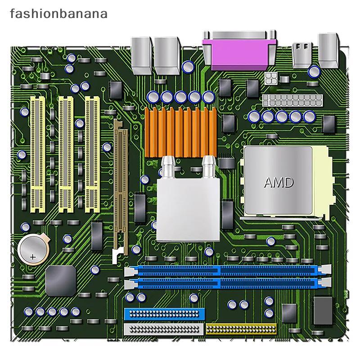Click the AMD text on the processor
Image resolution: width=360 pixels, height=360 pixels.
279,183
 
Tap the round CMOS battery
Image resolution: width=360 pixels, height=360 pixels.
34,249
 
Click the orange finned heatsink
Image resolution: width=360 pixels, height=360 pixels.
181,132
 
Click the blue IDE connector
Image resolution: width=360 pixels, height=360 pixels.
164,314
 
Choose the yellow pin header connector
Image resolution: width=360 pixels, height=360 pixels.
241,329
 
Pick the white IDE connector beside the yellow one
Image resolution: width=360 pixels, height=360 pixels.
164,329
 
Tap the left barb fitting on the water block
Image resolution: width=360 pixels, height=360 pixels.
168,167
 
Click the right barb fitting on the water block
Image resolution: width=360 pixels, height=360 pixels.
209,167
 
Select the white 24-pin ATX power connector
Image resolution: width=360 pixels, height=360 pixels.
292,100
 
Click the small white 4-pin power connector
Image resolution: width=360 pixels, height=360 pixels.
271,78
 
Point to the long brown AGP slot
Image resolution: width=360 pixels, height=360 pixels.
121,187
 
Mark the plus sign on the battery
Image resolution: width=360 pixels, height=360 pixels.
33,256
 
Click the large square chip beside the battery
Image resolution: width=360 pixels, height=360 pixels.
61,280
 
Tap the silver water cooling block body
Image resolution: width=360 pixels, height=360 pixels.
188,210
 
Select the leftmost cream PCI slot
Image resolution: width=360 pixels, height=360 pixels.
38,154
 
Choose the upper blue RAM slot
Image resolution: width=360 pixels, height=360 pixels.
228,270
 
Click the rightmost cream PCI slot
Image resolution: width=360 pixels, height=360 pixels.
92,154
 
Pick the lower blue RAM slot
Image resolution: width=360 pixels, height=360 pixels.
228,283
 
